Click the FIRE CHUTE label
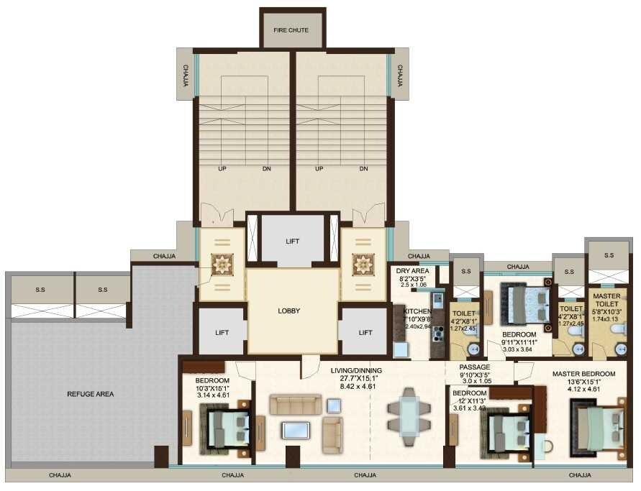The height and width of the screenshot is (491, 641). point(291,30)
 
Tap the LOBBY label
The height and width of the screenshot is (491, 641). point(288,311)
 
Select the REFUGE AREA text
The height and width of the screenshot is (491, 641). point(91,394)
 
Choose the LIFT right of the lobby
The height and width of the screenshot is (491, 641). point(365,332)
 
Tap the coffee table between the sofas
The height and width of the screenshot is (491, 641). point(296,431)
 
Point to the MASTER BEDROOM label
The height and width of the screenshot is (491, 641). point(584,374)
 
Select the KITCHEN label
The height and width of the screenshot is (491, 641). point(417,311)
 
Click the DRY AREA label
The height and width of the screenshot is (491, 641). point(412,271)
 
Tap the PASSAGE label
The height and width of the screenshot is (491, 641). point(475,367)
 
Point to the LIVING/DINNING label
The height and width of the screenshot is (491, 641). point(356,371)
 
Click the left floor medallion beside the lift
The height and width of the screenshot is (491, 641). point(222,265)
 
